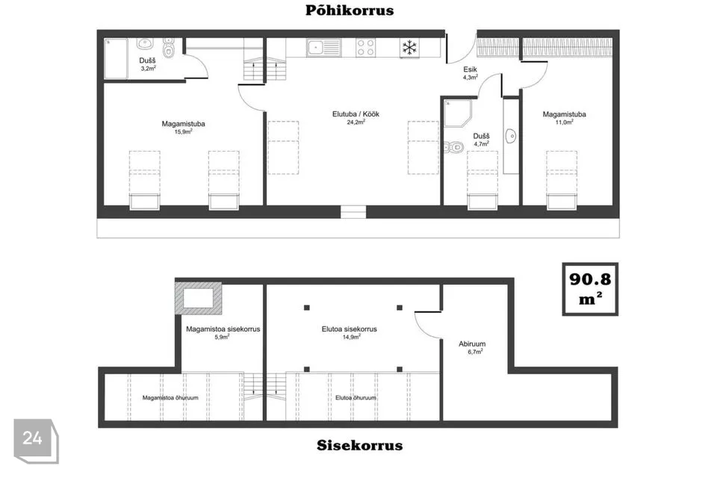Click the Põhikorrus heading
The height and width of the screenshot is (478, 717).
(350, 10)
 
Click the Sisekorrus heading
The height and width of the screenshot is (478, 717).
(359, 445)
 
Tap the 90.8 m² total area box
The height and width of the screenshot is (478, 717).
(590, 289)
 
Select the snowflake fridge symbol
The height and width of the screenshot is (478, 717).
(409, 48)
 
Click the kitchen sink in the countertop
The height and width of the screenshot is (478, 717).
(323, 48)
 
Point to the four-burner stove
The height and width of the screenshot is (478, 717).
(366, 48)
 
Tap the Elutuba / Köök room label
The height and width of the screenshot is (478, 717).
(356, 114)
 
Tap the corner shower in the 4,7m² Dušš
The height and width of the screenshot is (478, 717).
(457, 114)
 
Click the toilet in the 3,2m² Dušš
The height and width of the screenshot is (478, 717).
(169, 48)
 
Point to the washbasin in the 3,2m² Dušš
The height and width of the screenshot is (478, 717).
(145, 44)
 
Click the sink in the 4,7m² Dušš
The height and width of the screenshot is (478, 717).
(511, 136)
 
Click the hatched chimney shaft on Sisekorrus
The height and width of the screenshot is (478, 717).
(198, 298)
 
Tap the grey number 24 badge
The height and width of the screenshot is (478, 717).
(36, 441)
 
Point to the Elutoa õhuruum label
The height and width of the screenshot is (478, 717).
(356, 397)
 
